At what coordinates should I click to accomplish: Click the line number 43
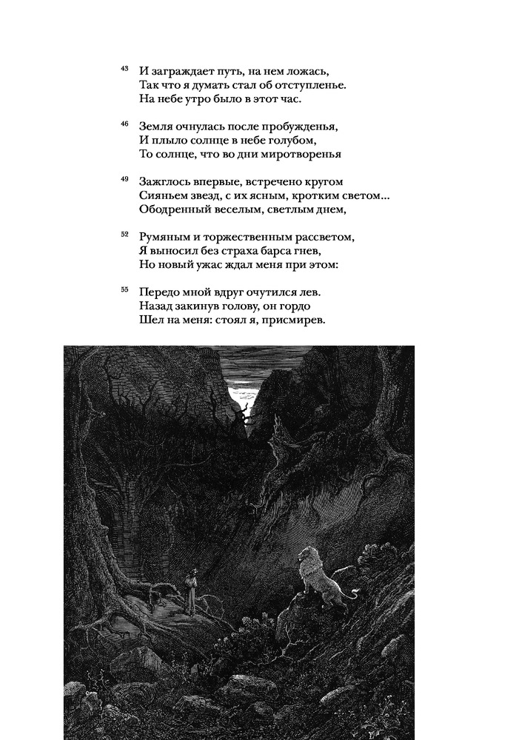pyautogui.click(x=124, y=68)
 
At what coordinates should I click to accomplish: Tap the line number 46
pyautogui.click(x=124, y=124)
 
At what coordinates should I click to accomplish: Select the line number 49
pyautogui.click(x=124, y=178)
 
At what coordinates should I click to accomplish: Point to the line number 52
pyautogui.click(x=124, y=234)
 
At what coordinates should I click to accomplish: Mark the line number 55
pyautogui.click(x=124, y=289)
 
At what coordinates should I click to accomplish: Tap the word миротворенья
pyautogui.click(x=283, y=154)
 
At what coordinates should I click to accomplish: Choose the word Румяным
pyautogui.click(x=164, y=237)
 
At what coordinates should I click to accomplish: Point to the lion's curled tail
pyautogui.click(x=357, y=592)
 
